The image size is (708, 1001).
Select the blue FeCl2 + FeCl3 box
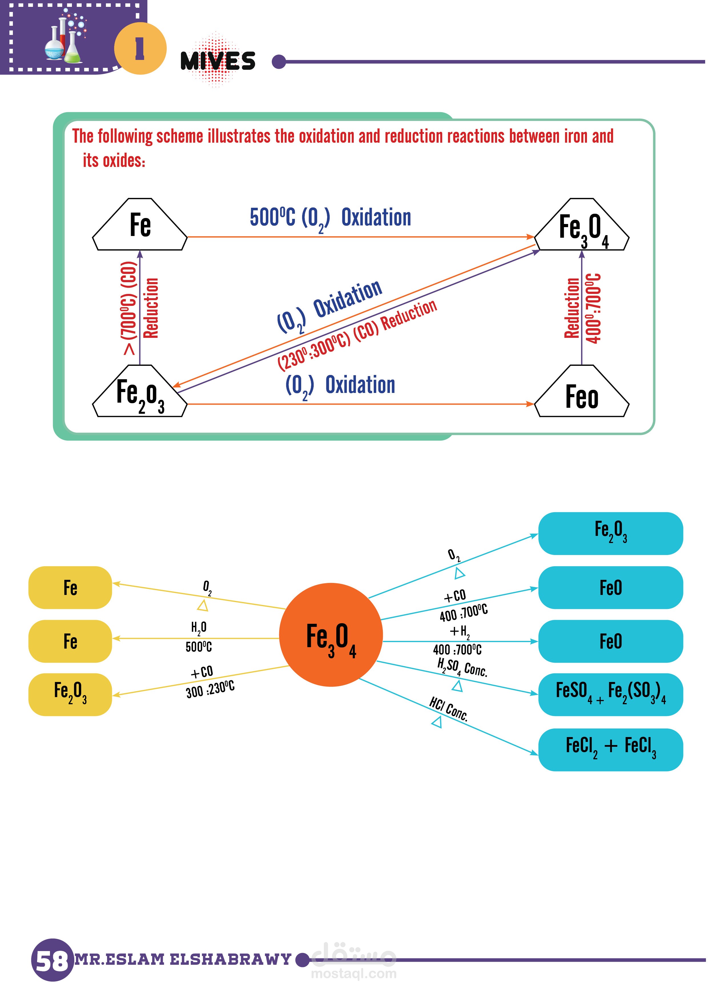(610, 749)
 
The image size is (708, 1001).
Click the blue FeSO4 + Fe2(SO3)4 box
(610, 694)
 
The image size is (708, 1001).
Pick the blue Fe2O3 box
(610, 533)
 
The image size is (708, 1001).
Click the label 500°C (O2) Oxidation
(330, 218)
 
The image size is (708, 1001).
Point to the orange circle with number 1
(140, 49)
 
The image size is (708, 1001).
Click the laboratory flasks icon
(65, 37)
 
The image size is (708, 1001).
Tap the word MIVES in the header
(218, 60)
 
